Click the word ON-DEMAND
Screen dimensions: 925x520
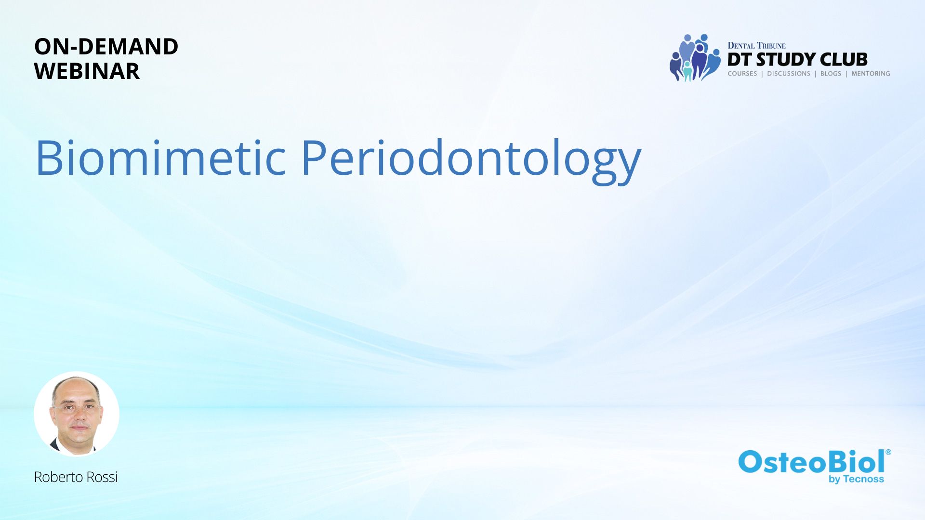point(106,47)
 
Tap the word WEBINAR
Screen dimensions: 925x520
point(87,71)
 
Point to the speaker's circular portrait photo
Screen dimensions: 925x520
point(77,414)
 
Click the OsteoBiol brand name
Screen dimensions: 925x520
point(812,462)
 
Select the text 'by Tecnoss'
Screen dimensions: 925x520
point(856,479)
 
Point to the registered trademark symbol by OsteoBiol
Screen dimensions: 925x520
point(888,452)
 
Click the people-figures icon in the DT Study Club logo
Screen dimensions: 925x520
point(695,58)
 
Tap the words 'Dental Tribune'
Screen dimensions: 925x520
point(756,46)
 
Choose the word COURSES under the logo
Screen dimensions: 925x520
point(742,74)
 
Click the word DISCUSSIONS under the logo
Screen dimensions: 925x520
point(789,74)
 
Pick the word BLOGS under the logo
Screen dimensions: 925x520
point(831,74)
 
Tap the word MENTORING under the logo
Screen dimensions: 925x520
point(871,74)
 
